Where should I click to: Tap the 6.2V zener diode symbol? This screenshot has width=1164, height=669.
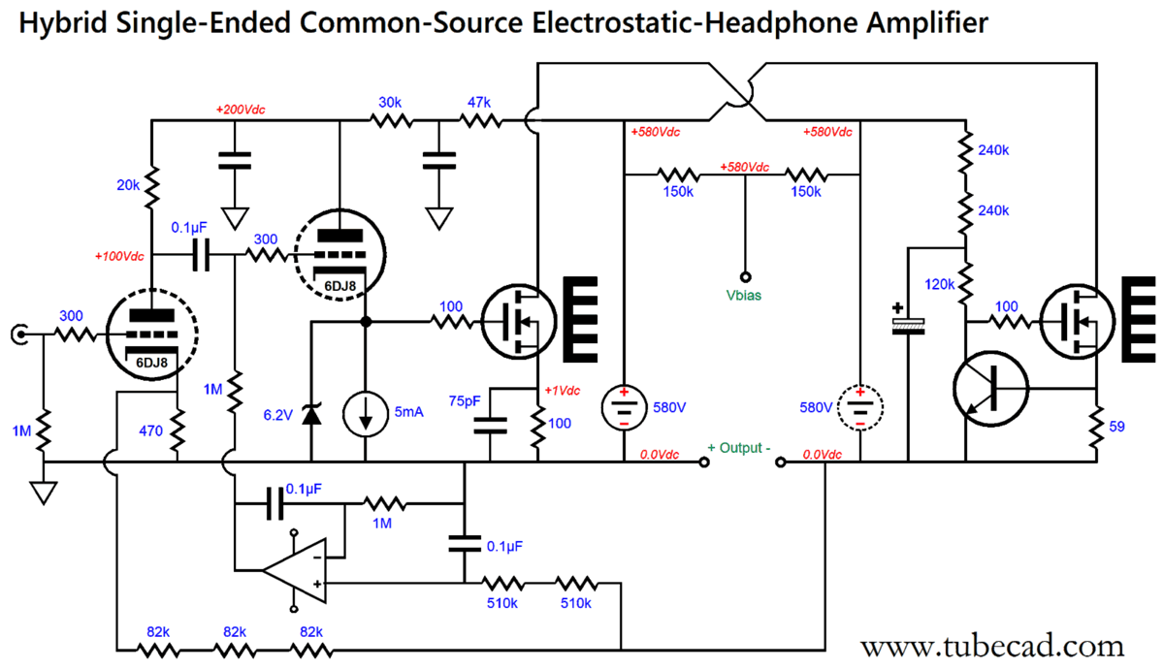pyautogui.click(x=311, y=415)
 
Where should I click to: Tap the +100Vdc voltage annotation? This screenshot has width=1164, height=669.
pyautogui.click(x=119, y=257)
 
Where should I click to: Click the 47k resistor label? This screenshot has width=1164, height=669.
pyautogui.click(x=478, y=103)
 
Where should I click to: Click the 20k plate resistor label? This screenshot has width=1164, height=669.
pyautogui.click(x=127, y=185)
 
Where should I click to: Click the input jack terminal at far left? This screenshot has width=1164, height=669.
pyautogui.click(x=17, y=334)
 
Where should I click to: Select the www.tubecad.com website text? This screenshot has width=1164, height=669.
pyautogui.click(x=991, y=645)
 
